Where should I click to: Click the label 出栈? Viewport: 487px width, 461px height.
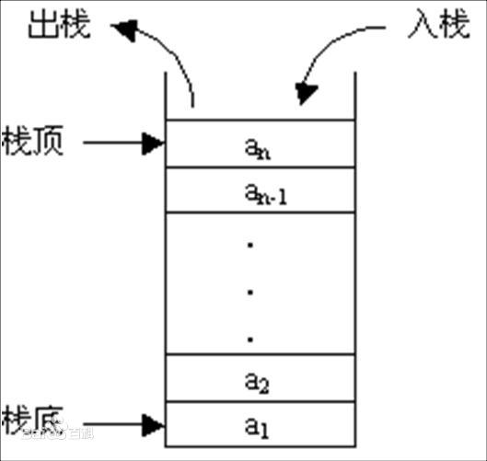61,26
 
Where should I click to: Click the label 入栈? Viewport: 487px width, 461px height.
434,25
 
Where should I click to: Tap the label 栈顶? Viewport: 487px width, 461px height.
33,143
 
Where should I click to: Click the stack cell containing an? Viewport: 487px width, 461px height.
259,144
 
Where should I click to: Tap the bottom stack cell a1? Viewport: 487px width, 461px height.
259,424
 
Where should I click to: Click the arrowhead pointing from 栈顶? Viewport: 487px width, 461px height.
154,143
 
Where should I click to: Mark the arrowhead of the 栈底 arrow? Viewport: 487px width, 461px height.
154,424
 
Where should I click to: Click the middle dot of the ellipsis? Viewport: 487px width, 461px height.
250,293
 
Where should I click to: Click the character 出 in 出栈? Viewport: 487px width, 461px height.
44,26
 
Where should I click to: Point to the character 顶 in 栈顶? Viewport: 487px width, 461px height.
50,143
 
